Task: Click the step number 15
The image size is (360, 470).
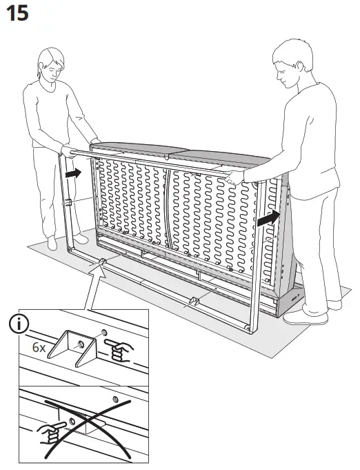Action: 17,13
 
